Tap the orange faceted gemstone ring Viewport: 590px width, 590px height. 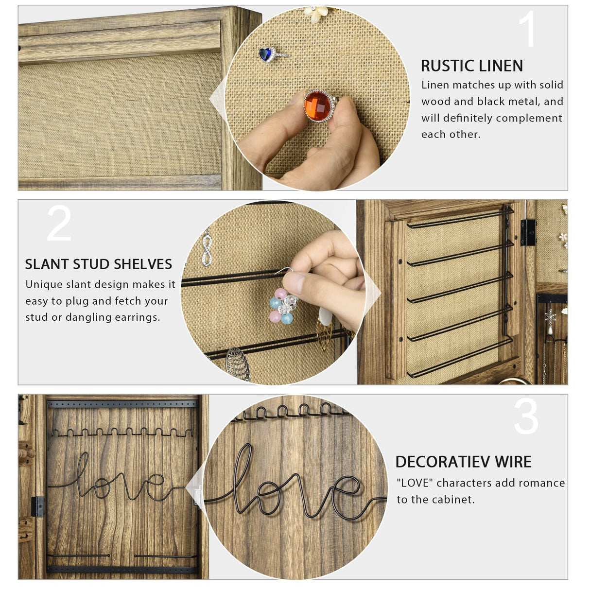pyautogui.click(x=320, y=105)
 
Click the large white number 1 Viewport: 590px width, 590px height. pyautogui.click(x=527, y=29)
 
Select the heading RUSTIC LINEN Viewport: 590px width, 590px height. pyautogui.click(x=472, y=66)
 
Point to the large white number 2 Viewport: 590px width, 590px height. pyautogui.click(x=59, y=223)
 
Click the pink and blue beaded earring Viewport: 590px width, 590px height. pyautogui.click(x=282, y=306)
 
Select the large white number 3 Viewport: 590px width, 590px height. pyautogui.click(x=526, y=416)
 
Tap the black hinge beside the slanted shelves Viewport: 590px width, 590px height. pyautogui.click(x=528, y=233)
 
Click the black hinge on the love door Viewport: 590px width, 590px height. pyautogui.click(x=37, y=506)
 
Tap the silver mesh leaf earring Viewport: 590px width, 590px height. pyautogui.click(x=238, y=364)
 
